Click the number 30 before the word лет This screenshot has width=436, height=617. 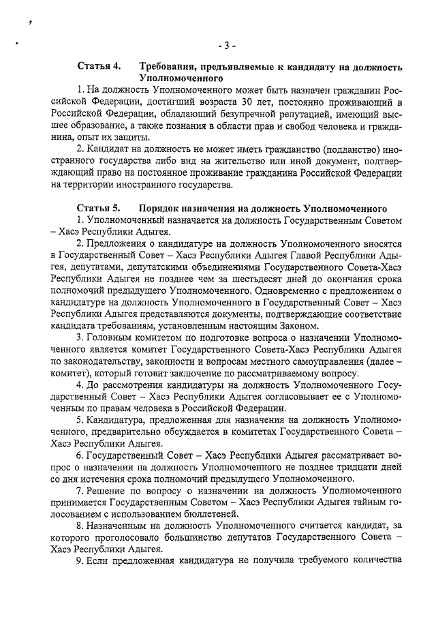234,102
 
